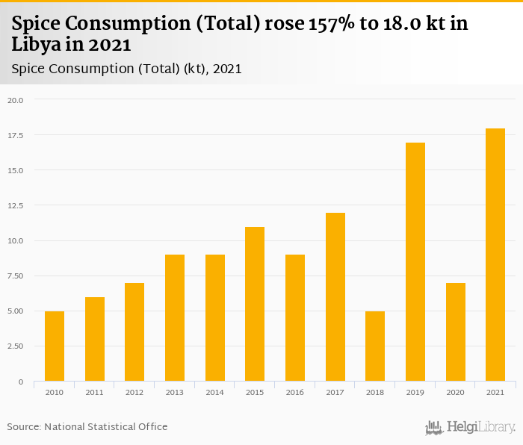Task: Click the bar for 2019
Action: click(415, 262)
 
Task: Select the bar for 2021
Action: click(495, 255)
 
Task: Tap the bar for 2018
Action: click(375, 346)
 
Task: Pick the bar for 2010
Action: click(55, 346)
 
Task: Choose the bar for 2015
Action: click(255, 305)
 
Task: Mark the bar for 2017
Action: click(335, 297)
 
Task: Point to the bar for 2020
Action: click(456, 332)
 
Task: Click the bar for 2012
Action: click(134, 332)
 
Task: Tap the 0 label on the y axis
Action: click(21, 382)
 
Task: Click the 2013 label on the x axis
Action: click(175, 392)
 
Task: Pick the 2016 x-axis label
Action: click(295, 392)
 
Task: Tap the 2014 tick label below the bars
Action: click(215, 392)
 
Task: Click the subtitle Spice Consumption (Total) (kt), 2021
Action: click(127, 69)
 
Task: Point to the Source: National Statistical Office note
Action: click(87, 426)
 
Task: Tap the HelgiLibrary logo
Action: click(471, 428)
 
